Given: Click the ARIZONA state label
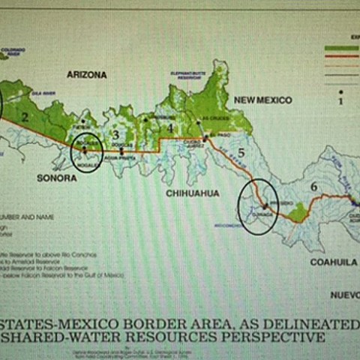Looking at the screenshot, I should coord(86,74).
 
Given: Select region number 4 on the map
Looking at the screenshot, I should coord(170,128).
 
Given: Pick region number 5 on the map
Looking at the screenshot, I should coord(241,154).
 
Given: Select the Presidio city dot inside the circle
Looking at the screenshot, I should coord(264,205).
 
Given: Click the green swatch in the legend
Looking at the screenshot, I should coord(339,48).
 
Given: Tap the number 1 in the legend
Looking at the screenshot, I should coord(340,98).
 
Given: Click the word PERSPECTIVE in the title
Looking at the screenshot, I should coord(276,337).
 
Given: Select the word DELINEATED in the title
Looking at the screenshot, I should coord(317,323).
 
